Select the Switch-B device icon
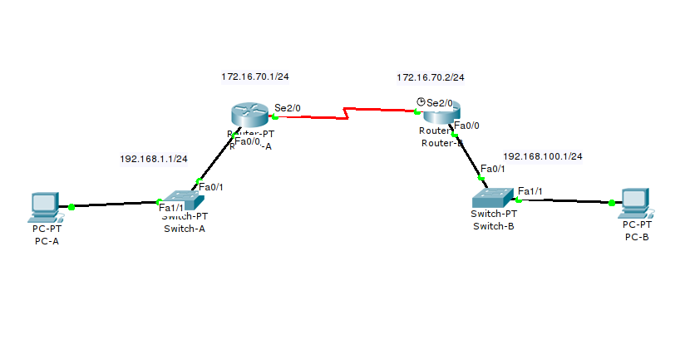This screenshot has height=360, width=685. (493, 198)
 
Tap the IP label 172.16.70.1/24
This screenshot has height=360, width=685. (254, 76)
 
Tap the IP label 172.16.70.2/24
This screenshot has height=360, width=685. (430, 77)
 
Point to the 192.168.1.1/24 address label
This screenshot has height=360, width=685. (153, 159)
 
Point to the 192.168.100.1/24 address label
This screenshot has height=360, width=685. (542, 156)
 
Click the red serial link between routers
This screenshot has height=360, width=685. (345, 112)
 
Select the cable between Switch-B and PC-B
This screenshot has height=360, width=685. (565, 200)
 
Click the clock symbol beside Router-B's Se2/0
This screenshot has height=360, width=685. (421, 102)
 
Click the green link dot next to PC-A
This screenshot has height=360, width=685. (72, 206)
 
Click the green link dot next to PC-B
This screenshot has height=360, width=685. (611, 202)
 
